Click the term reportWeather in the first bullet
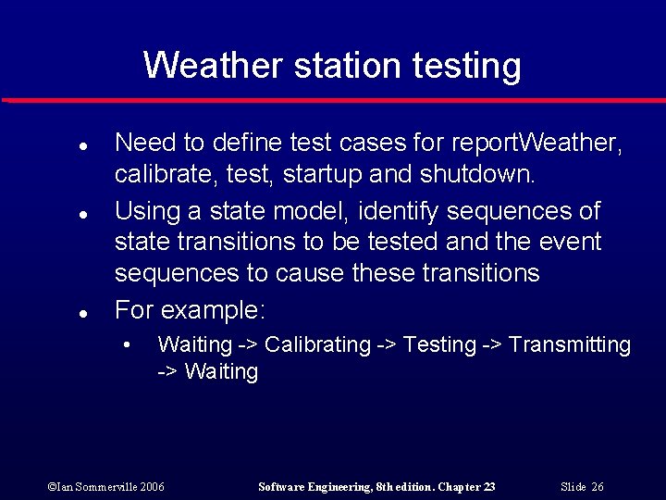point(536,144)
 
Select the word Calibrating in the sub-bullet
point(317,345)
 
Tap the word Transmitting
point(570,345)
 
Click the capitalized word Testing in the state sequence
point(439,345)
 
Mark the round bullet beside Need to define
point(82,146)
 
